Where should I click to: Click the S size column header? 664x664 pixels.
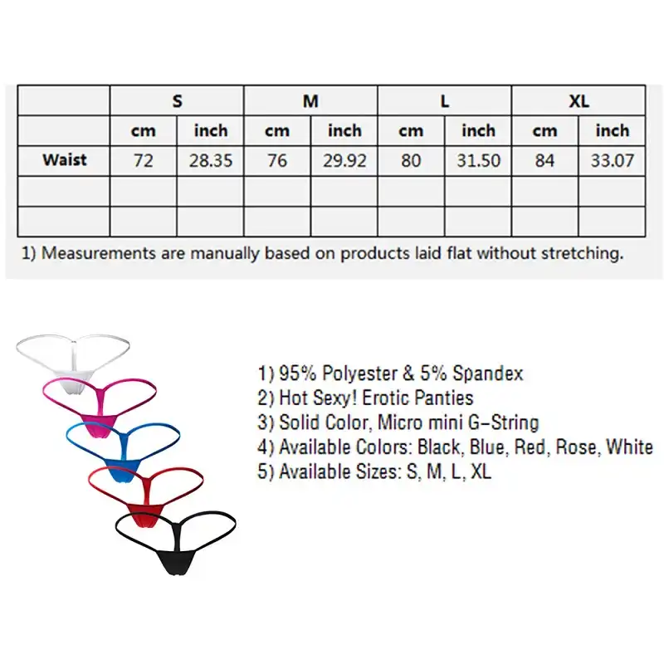pos(177,100)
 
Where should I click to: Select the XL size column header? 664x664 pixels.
pos(579,100)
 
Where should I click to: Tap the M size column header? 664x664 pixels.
pos(310,100)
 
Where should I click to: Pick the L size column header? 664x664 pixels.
pos(445,100)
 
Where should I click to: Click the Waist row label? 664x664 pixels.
pos(65,159)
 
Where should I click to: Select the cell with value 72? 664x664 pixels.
pos(143,160)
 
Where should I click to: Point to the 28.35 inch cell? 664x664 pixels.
pos(211,160)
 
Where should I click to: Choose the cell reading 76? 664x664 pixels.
pos(277,160)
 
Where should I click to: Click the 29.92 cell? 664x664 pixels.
pos(344,160)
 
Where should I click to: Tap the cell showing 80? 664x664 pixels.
pos(411,160)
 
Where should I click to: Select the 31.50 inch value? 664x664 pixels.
pos(478,160)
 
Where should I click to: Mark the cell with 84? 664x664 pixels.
pos(544,160)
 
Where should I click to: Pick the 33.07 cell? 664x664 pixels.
pos(612,160)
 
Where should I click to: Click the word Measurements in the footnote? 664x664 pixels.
pos(99,253)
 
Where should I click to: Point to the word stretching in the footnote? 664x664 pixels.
pos(583,254)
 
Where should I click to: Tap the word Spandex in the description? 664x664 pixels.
pos(488,373)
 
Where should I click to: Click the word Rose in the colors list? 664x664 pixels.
pos(578,447)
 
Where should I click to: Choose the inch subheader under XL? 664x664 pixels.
pos(612,130)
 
